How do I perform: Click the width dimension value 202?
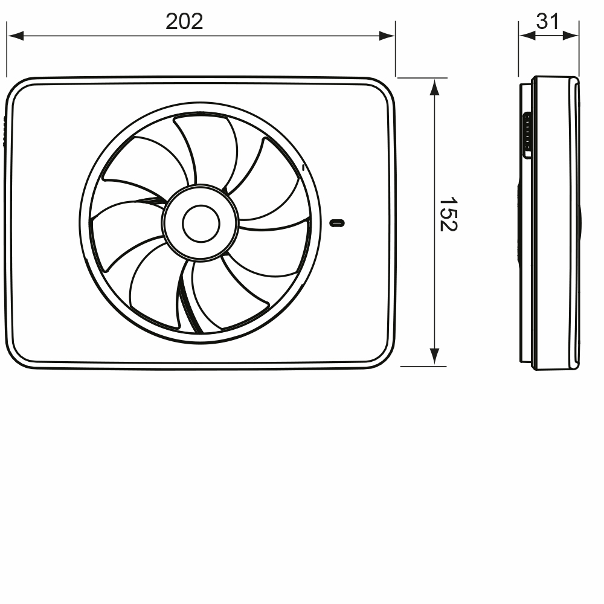184,22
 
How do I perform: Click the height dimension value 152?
448,213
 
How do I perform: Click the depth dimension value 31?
548,22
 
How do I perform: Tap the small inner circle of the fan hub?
201,223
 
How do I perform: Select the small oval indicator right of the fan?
338,223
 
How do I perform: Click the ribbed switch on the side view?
527,135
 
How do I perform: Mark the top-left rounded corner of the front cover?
18,89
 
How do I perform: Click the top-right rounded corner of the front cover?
384,89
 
